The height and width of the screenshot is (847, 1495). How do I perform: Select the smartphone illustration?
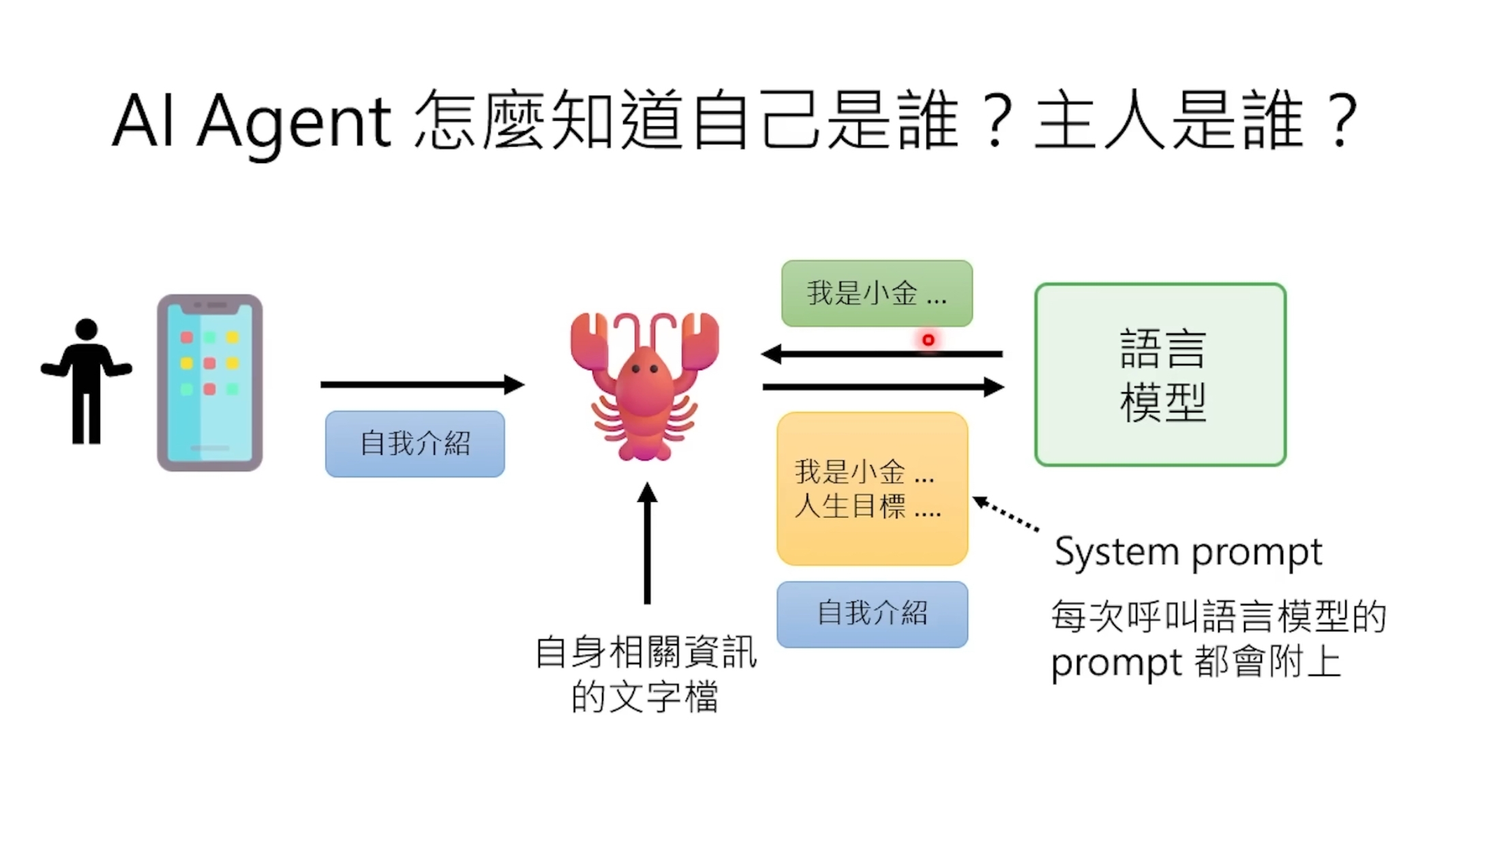210,383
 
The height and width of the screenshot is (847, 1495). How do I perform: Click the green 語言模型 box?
1160,375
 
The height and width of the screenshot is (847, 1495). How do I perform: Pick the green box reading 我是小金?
877,293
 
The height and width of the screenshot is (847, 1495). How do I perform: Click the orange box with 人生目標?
872,489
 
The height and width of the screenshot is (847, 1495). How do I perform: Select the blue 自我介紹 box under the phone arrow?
414,444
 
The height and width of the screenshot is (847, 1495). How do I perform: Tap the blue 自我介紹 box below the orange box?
872,614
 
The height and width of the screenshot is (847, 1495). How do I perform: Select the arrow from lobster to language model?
882,387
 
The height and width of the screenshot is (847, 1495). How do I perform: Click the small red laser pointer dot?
928,340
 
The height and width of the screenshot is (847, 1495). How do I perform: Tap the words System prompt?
1188,552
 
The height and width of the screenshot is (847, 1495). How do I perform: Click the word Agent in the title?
294,123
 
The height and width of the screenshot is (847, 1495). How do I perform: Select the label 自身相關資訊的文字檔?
645,674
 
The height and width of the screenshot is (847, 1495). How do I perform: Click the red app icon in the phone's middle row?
209,363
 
